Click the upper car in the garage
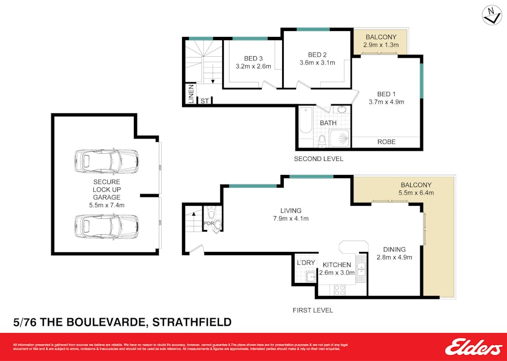pos(107,162)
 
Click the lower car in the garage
pos(107,226)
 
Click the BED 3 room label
pos(253,59)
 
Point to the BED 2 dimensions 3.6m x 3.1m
pos(317,63)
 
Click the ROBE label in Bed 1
pos(387,142)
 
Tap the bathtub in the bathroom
pos(306,121)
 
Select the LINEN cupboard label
pos(191,95)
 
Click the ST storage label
pos(205,101)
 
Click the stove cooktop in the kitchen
pos(339,289)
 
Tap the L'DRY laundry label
pos(306,263)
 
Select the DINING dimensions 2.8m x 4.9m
pos(394,258)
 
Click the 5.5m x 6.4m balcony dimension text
pos(415,193)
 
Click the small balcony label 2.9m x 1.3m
pos(381,45)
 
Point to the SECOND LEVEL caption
pos(319,159)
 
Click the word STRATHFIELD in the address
pos(192,322)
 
